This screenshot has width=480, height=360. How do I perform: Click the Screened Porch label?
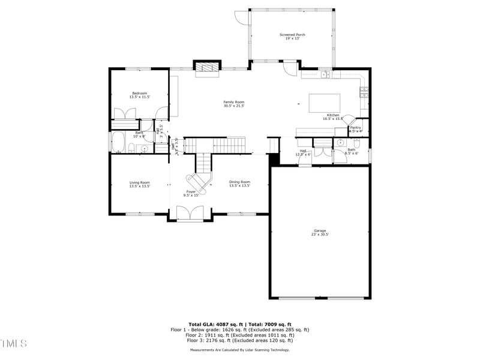[292, 35]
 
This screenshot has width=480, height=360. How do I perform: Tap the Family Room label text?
[234, 102]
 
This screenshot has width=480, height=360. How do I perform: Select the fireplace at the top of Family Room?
[207, 68]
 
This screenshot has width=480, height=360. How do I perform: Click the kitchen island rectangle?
[325, 103]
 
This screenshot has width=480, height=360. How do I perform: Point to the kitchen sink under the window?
[324, 75]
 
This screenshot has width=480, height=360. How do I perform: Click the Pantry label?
[356, 127]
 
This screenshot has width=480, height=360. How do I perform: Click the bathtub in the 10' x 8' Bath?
[118, 143]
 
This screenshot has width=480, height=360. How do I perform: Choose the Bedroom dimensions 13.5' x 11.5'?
[140, 97]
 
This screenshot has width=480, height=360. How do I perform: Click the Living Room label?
[140, 182]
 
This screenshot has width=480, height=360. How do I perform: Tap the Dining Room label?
[239, 182]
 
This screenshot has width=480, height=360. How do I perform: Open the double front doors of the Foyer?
[190, 214]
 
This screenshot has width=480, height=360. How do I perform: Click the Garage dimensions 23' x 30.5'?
[320, 234]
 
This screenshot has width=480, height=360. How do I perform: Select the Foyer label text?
[190, 191]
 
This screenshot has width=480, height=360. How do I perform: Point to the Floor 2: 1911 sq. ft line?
[240, 335]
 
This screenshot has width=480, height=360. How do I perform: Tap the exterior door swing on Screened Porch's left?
[241, 18]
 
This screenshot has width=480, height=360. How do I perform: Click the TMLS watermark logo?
[13, 343]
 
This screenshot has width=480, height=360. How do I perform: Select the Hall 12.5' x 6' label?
[303, 151]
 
